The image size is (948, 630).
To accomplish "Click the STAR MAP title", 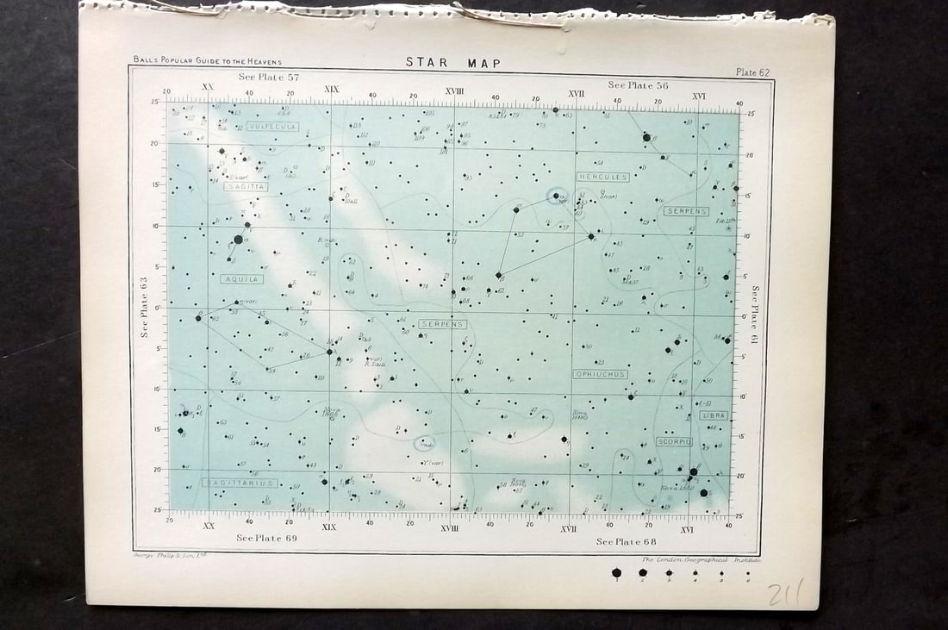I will click(452, 62).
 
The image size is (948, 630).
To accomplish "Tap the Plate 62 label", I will click(752, 72).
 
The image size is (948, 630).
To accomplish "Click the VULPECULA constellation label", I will click(272, 126).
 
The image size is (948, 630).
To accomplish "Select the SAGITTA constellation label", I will click(246, 186).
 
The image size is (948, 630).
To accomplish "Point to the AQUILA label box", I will click(240, 279).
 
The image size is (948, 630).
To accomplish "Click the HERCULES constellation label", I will click(603, 177).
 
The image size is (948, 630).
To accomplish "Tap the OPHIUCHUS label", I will click(600, 374).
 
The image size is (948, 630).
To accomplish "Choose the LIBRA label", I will click(714, 415).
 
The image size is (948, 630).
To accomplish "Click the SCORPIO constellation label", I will click(674, 441).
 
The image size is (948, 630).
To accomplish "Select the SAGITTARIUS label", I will click(240, 483).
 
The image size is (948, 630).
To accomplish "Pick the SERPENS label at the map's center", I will click(443, 324).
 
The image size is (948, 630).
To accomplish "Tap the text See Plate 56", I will click(638, 84).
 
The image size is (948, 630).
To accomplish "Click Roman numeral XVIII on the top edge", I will click(455, 90).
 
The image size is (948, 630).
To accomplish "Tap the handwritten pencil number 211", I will click(785, 593).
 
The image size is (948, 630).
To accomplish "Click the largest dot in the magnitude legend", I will click(615, 572).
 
